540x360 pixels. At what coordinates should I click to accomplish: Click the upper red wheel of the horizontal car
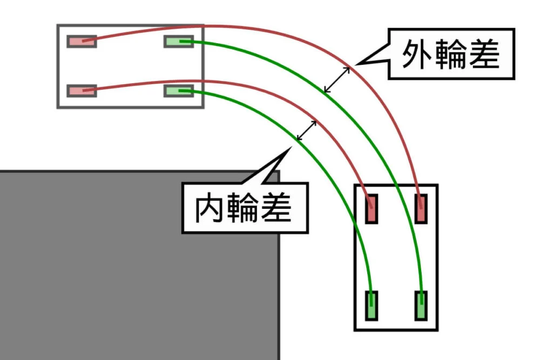coord(82,42)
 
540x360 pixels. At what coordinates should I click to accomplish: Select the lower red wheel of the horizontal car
coord(82,91)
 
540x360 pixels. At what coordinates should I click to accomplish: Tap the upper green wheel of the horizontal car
coord(178,42)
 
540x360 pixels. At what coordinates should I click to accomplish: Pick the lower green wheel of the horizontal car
coord(178,91)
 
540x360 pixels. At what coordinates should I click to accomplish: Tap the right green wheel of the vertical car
coord(421,305)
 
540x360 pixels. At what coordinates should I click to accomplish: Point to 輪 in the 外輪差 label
coord(450,54)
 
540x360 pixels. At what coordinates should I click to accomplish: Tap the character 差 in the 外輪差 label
coord(484,54)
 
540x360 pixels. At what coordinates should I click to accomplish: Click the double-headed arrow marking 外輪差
coord(337,79)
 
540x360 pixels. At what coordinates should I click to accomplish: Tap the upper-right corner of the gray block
coord(279,172)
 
